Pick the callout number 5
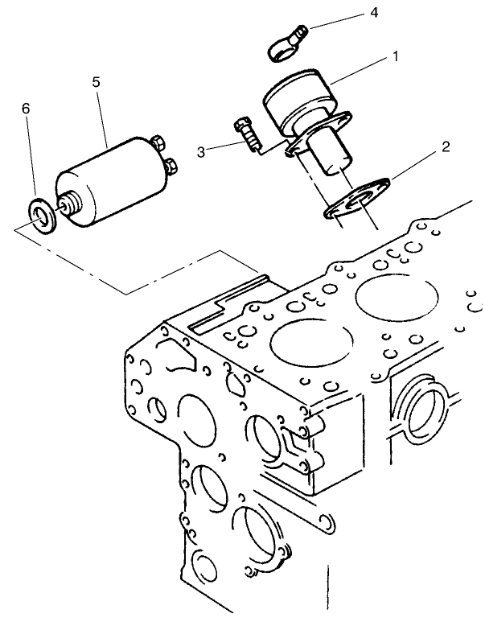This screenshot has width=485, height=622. (x=96, y=82)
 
